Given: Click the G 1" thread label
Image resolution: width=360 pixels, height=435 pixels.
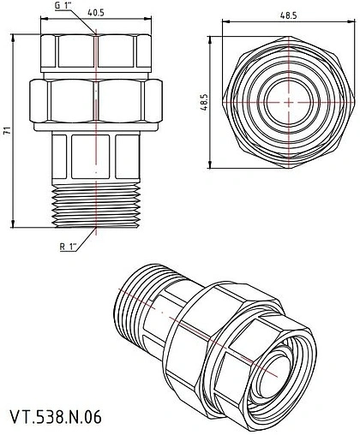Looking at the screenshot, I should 63,7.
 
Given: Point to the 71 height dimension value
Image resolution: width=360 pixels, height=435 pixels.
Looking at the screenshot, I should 9,130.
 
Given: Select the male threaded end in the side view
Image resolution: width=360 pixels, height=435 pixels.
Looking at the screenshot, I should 96,206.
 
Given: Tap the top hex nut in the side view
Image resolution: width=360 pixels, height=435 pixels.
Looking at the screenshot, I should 96,54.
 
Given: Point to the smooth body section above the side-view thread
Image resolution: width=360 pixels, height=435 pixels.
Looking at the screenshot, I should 96,158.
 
